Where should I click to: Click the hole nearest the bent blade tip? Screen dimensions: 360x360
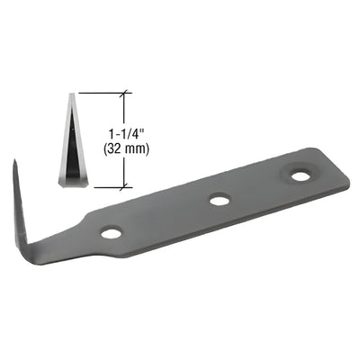tap(111, 232)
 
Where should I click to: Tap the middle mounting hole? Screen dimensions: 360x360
tap(217, 199)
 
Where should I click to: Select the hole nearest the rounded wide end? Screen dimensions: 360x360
tap(296, 171)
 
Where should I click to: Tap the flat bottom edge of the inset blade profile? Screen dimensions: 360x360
tap(71, 185)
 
